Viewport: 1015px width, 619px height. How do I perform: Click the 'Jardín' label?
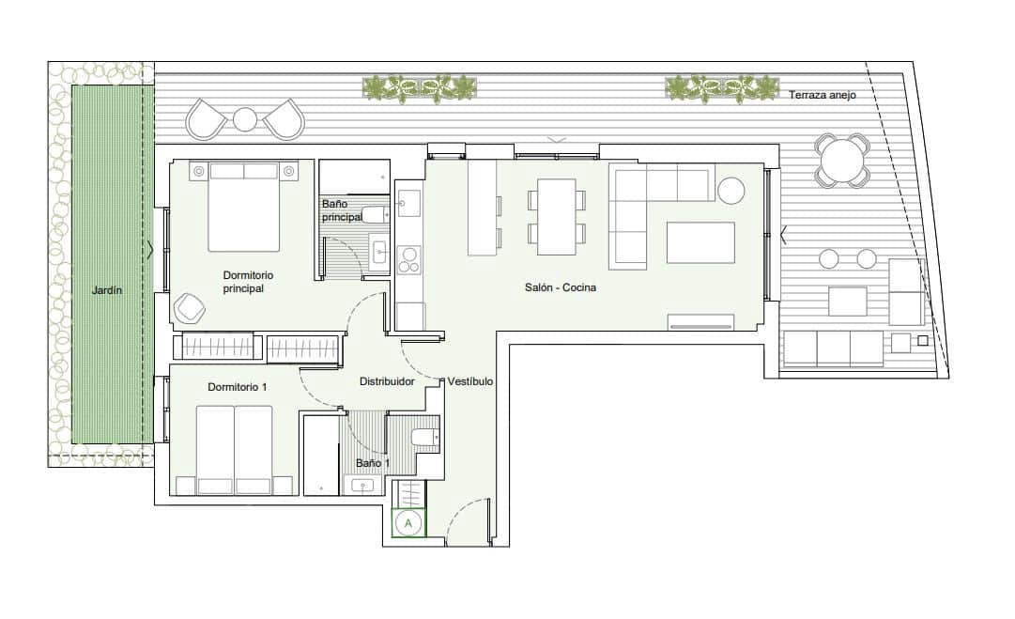(107, 291)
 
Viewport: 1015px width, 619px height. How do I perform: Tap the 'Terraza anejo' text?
(823, 95)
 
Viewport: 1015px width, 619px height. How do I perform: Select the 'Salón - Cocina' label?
(561, 287)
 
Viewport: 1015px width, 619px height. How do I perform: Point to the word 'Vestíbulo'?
(470, 381)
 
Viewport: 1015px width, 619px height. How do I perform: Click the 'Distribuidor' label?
(387, 381)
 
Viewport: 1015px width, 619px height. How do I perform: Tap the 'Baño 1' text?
(373, 463)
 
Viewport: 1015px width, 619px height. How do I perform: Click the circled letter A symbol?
(408, 523)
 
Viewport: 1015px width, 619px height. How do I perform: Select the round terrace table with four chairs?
(842, 161)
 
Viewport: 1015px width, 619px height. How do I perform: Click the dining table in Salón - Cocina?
(556, 216)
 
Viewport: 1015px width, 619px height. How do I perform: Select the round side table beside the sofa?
(730, 190)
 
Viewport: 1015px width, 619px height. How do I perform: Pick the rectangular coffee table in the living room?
(700, 242)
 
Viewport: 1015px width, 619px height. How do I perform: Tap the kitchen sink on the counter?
(409, 200)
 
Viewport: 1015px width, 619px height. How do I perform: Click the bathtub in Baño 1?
(320, 454)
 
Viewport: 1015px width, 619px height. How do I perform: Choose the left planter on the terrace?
(420, 88)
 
